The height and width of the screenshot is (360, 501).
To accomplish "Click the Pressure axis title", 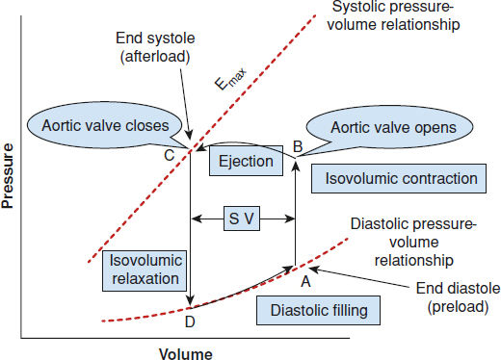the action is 7,176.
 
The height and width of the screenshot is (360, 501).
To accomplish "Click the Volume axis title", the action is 186,354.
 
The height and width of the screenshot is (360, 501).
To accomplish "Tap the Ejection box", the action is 246,161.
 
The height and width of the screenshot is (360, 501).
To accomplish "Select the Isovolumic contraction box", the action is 399,178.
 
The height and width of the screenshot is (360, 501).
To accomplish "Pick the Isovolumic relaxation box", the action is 145,270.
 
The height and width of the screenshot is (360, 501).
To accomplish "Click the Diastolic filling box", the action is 318,310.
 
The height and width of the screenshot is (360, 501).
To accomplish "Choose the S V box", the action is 242,219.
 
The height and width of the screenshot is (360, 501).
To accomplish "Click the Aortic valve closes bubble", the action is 105,125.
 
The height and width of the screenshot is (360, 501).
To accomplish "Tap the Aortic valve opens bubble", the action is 390,127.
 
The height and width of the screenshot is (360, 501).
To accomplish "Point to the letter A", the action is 305,282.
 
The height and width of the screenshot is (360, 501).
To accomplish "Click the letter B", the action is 298,146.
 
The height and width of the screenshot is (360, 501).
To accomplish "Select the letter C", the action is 170,156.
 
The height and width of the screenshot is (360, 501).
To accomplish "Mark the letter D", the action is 190,321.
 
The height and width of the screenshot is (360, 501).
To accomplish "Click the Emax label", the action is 230,79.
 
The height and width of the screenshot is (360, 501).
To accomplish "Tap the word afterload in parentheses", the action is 155,57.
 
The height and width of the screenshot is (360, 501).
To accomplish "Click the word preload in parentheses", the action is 458,307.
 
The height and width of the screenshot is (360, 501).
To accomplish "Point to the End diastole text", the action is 458,288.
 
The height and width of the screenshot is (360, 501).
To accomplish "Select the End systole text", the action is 155,39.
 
